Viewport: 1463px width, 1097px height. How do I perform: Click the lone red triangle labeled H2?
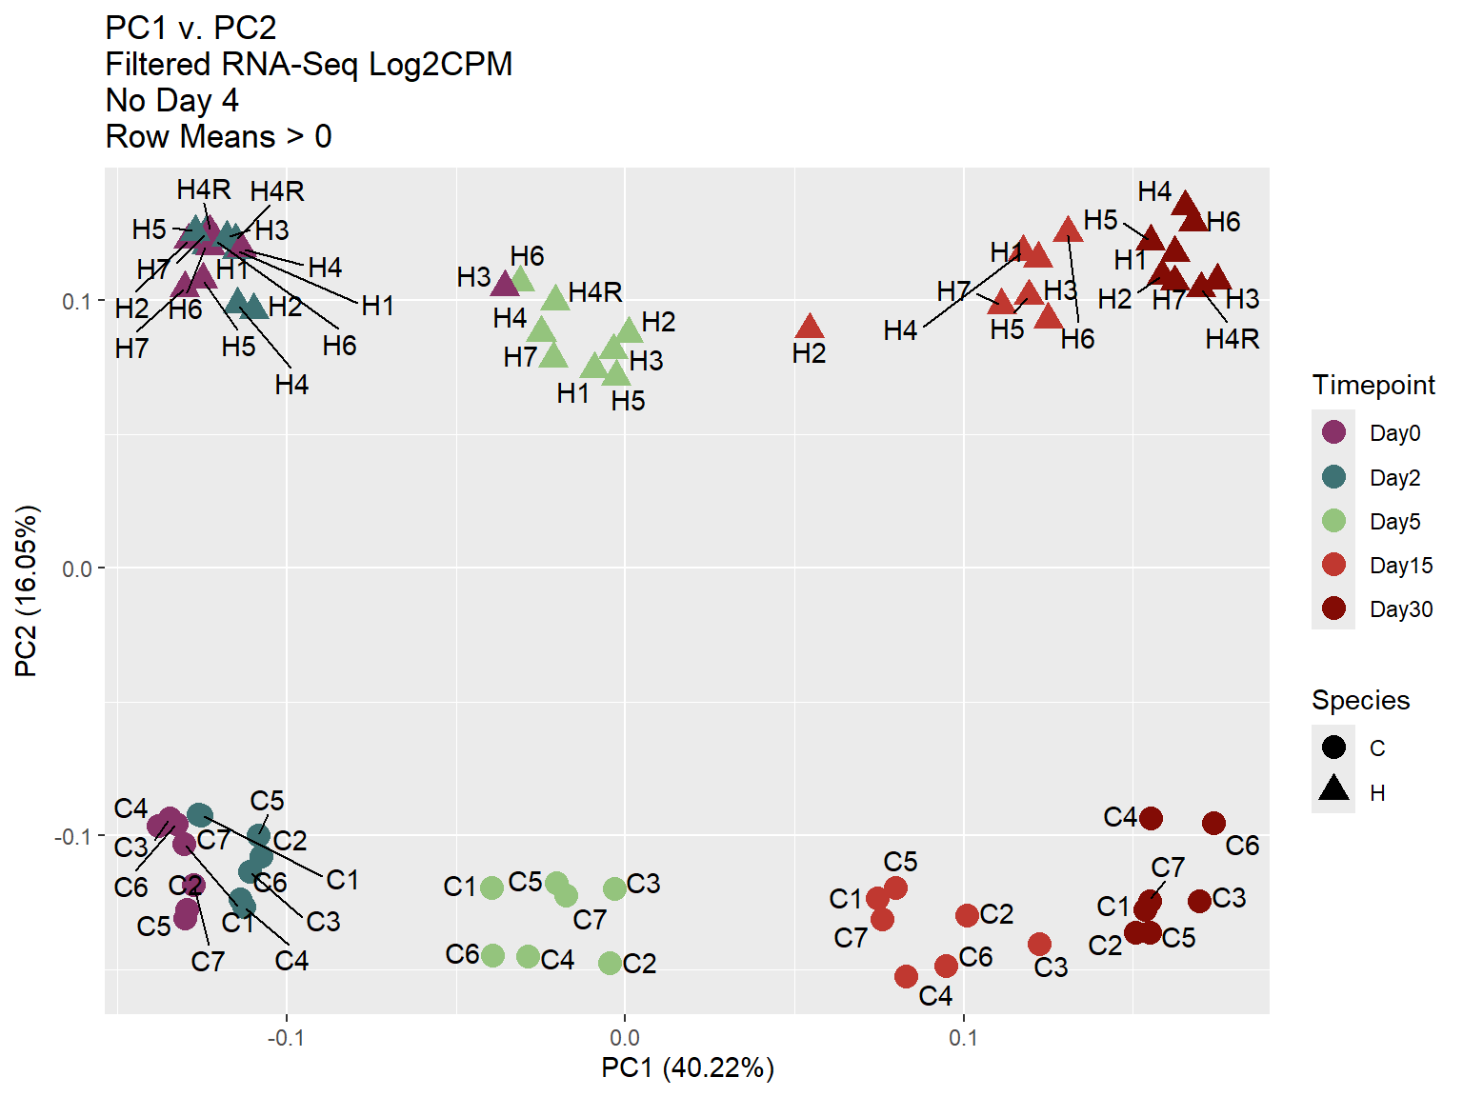click(810, 328)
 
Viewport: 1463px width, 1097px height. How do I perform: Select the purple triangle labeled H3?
click(505, 283)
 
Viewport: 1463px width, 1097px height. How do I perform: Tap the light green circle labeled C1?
click(491, 888)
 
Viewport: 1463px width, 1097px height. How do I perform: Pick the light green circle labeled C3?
click(615, 888)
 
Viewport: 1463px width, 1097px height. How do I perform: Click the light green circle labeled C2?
click(611, 964)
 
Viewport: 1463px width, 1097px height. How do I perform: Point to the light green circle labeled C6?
click(492, 955)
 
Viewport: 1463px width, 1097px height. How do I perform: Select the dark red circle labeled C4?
click(1151, 818)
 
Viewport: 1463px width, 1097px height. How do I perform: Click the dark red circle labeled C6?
click(1213, 823)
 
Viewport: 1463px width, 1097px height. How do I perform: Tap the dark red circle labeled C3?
click(1199, 901)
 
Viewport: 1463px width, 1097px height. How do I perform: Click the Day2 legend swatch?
click(1334, 476)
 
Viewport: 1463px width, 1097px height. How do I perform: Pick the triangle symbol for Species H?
click(1334, 789)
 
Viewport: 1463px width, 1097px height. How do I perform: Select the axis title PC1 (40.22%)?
click(687, 1068)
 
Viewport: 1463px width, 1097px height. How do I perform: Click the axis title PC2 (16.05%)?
click(27, 590)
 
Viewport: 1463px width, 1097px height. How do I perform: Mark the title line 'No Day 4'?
click(172, 100)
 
